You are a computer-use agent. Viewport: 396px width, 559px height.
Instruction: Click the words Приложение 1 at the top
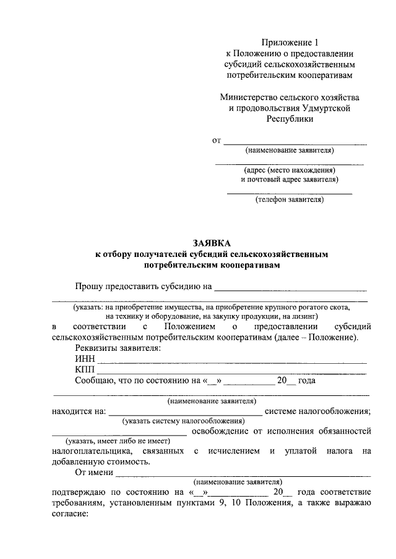(289, 43)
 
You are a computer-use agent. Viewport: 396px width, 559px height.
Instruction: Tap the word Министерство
(250, 98)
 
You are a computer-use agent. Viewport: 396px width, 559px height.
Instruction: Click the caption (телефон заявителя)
(289, 200)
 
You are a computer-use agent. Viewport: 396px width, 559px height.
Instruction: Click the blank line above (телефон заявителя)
(289, 193)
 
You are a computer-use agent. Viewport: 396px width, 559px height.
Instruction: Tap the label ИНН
(85, 359)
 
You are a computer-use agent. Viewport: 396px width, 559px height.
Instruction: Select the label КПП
(85, 370)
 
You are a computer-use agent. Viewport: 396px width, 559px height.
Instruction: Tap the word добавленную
(81, 461)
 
